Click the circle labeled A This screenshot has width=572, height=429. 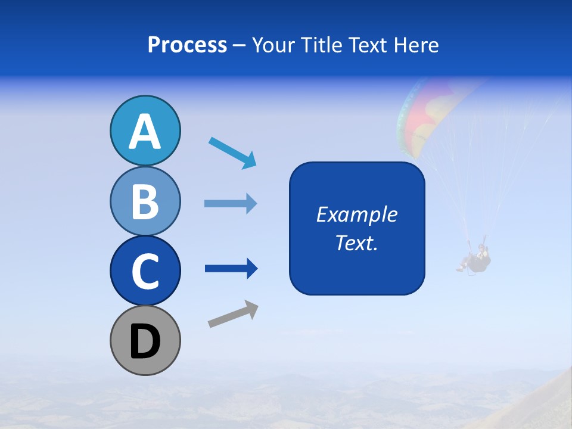point(145,130)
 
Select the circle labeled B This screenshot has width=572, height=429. point(145,201)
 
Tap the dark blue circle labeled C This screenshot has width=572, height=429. point(145,271)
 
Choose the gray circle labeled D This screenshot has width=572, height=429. point(145,340)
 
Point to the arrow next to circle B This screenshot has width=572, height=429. point(231,204)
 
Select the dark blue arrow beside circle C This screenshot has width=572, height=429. point(231,269)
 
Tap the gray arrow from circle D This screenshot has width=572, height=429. point(233,315)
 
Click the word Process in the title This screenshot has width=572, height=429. point(187,45)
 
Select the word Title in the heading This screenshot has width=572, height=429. point(322,45)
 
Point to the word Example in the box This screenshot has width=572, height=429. point(356,214)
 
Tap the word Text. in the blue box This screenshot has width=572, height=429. point(356,243)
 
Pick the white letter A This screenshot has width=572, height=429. point(145,132)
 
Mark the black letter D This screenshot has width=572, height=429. point(145,341)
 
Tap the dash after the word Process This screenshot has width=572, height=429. point(240,46)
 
